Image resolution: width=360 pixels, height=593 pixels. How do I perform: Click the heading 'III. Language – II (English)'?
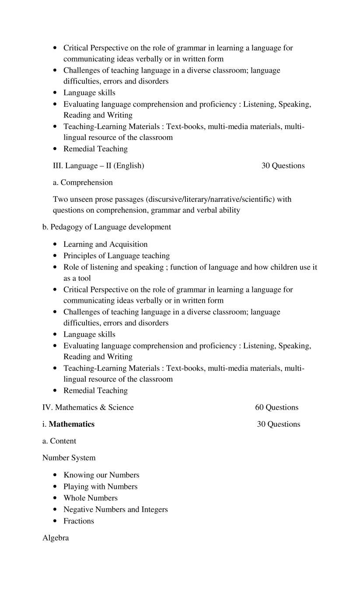click(98, 166)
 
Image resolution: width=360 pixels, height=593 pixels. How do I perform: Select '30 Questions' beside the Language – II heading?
click(283, 166)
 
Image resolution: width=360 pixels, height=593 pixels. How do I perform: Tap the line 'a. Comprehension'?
click(83, 182)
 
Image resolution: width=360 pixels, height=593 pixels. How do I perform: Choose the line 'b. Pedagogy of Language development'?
click(106, 227)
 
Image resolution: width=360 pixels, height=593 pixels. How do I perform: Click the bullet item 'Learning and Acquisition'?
click(105, 244)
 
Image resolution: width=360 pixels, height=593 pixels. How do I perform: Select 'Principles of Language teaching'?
click(116, 256)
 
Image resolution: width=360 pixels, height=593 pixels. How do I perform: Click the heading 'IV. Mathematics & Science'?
click(88, 407)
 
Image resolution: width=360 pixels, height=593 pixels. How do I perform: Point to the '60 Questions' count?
click(276, 407)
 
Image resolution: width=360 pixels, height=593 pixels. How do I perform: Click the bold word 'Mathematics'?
click(72, 424)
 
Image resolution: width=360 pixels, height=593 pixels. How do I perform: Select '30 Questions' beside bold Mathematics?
click(279, 424)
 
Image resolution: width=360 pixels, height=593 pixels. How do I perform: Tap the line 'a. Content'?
click(59, 441)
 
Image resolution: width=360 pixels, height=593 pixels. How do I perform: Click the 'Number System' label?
click(69, 458)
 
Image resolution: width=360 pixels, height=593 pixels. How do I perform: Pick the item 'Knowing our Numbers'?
click(101, 475)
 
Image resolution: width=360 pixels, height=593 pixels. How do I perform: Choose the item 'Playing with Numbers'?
click(100, 487)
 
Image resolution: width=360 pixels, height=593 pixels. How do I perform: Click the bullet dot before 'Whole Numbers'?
click(55, 498)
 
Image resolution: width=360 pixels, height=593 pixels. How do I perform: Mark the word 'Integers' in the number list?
click(154, 509)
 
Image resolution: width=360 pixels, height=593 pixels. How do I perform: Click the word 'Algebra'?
click(56, 538)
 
